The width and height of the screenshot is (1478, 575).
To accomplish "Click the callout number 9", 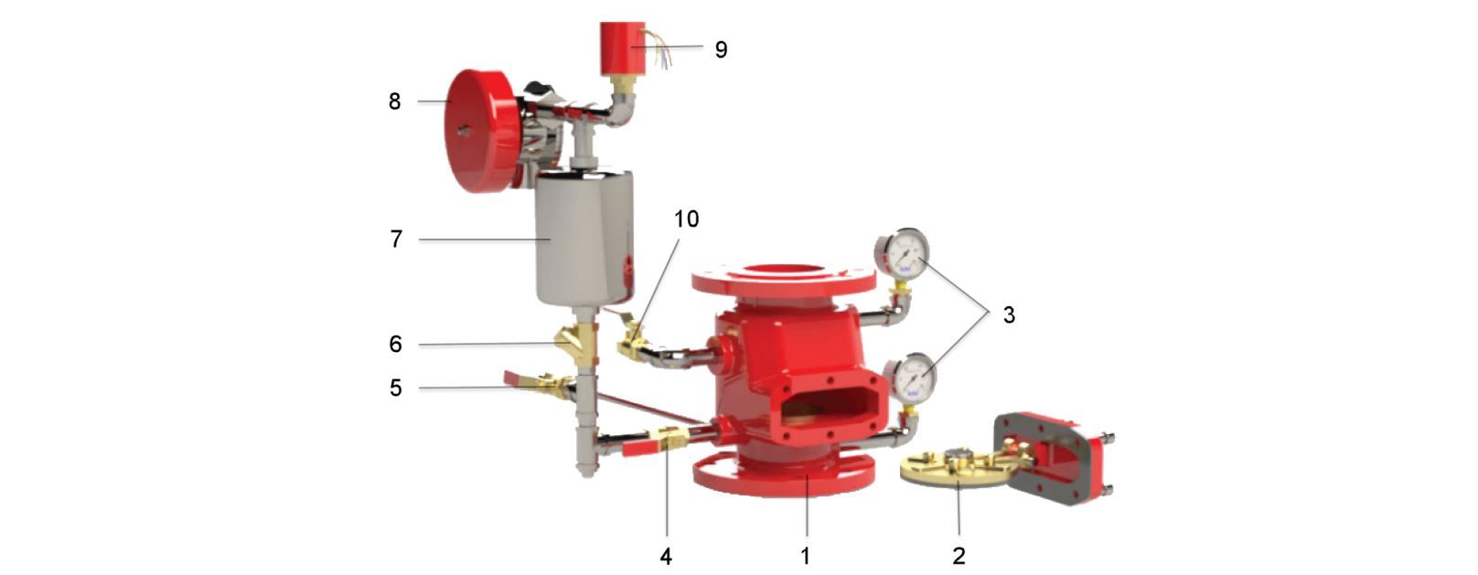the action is coord(722,50).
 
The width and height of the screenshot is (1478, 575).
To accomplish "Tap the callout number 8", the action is coord(394,101).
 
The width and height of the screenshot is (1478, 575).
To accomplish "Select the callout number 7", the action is coord(396,239).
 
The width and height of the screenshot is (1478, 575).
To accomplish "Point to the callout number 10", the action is coord(686,218).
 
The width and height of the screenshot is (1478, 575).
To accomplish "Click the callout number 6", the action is coord(395,344).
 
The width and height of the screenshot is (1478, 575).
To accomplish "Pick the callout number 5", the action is coord(395,388).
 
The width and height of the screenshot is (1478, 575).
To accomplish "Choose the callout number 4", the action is coord(666,557).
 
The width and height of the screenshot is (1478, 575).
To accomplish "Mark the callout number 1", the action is coord(805,556).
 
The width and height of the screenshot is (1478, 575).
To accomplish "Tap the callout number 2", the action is coord(959,556).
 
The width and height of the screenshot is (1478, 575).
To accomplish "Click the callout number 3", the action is coord(1008,315).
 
